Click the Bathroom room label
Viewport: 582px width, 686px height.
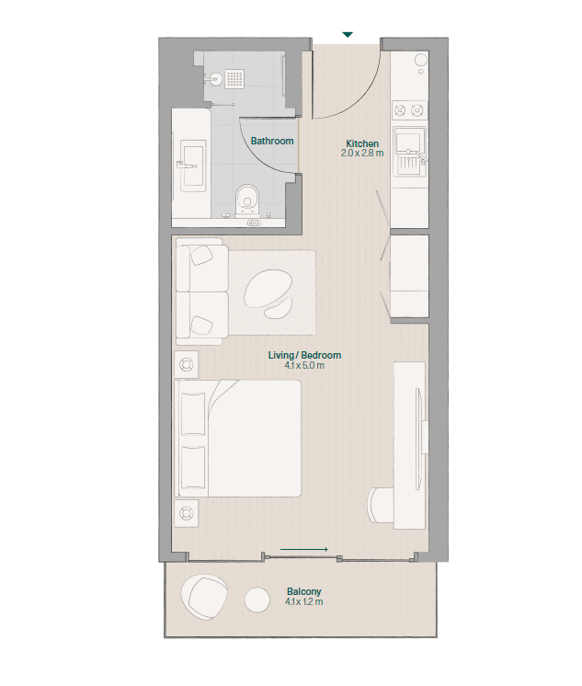coord(272,141)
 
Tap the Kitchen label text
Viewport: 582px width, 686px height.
coord(362,143)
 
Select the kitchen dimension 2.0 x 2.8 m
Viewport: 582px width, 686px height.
coord(362,154)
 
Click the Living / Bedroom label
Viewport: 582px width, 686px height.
coord(304,355)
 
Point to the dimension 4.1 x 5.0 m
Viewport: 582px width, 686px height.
coord(304,365)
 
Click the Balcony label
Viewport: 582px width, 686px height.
coord(304,591)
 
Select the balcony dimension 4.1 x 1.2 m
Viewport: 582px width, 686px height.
coord(304,601)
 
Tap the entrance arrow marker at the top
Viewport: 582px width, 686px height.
coord(348,35)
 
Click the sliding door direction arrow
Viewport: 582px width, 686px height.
coord(304,549)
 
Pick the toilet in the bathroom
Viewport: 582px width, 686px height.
coord(247,200)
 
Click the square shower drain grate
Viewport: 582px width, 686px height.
coord(235,78)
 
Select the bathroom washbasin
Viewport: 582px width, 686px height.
coord(191,166)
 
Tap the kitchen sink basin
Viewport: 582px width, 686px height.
coord(408,141)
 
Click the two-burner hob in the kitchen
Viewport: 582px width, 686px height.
coord(409,109)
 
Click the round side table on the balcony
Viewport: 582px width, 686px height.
coord(257,600)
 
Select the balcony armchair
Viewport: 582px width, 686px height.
coord(204,597)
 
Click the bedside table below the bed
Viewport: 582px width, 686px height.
coord(186,513)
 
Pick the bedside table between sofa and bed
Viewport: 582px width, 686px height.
coord(186,364)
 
